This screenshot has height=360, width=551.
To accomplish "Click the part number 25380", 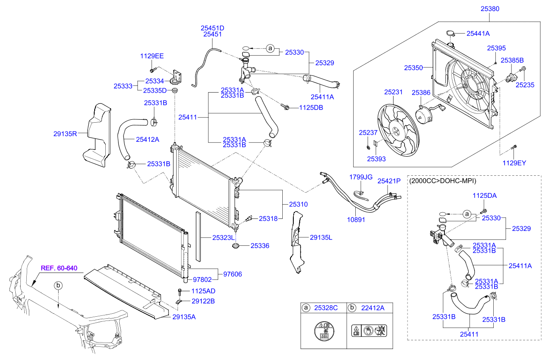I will pyautogui.click(x=490, y=8).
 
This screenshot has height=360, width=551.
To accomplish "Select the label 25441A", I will pyautogui.click(x=478, y=34).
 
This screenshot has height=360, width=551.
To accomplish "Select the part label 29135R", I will pyautogui.click(x=65, y=134).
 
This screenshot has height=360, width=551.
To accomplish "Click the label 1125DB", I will pyautogui.click(x=311, y=108).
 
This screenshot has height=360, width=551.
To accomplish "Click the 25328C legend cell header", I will pyautogui.click(x=326, y=308).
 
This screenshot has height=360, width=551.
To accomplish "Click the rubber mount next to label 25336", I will pyautogui.click(x=236, y=246).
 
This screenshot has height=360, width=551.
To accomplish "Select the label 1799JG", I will pyautogui.click(x=360, y=177).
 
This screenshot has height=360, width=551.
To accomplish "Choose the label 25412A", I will pyautogui.click(x=147, y=139).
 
